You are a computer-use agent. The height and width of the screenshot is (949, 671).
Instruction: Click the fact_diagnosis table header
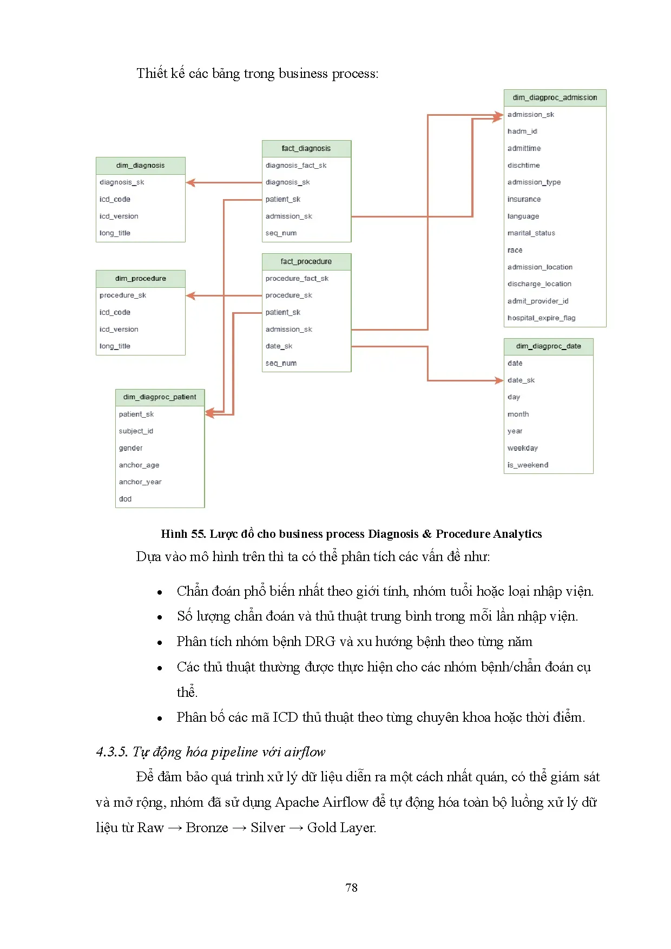[x=306, y=148]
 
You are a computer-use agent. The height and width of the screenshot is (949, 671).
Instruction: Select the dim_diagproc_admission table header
[x=555, y=97]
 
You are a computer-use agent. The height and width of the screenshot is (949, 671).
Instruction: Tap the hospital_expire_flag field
[x=541, y=318]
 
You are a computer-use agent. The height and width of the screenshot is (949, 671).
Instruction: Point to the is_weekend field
[x=528, y=465]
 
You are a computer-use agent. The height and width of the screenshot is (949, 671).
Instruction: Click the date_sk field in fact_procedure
[x=279, y=346]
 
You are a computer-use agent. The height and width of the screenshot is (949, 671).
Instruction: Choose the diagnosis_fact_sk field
[x=295, y=166]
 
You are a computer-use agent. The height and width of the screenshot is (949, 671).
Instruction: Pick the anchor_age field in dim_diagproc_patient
[x=139, y=465]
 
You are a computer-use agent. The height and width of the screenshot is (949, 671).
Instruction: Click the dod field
[x=125, y=499]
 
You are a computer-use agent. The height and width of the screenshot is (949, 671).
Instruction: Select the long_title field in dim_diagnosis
[x=115, y=233]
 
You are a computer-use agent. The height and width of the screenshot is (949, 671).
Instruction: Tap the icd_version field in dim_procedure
[x=119, y=329]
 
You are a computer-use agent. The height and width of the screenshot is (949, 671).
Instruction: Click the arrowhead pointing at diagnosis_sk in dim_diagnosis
[x=190, y=183]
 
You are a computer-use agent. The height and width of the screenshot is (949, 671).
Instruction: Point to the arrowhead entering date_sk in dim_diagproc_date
[x=499, y=380]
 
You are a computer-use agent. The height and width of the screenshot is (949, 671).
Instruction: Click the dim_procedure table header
[x=140, y=279]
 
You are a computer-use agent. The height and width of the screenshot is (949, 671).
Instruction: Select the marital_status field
[x=531, y=233]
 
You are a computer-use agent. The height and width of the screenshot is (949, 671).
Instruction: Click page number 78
[x=351, y=887]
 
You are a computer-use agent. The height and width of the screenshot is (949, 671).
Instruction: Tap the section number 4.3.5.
[x=112, y=752]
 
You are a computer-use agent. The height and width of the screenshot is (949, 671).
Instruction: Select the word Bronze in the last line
[x=207, y=828]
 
